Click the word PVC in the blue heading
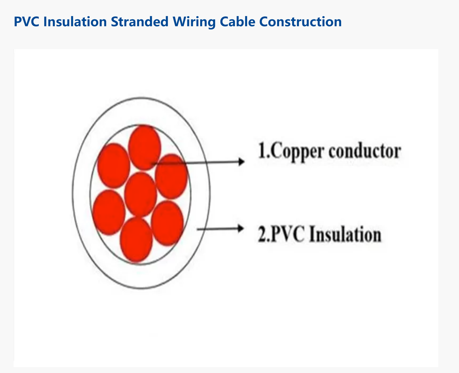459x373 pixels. [x=27, y=22]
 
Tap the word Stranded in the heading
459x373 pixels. [x=140, y=22]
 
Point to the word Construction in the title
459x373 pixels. [x=301, y=22]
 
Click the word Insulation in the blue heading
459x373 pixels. [x=75, y=22]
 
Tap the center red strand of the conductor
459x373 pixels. [x=140, y=194]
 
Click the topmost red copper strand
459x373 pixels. [x=144, y=147]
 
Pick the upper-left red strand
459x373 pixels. [x=114, y=166]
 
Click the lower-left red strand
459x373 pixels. [x=109, y=213]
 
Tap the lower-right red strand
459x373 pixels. [x=167, y=223]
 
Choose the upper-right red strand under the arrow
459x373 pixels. [x=171, y=176]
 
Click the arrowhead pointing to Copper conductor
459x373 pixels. [x=241, y=161]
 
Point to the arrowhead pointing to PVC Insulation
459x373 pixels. [x=241, y=229]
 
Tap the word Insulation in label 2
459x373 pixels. [x=345, y=234]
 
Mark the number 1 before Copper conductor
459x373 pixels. [x=262, y=151]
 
